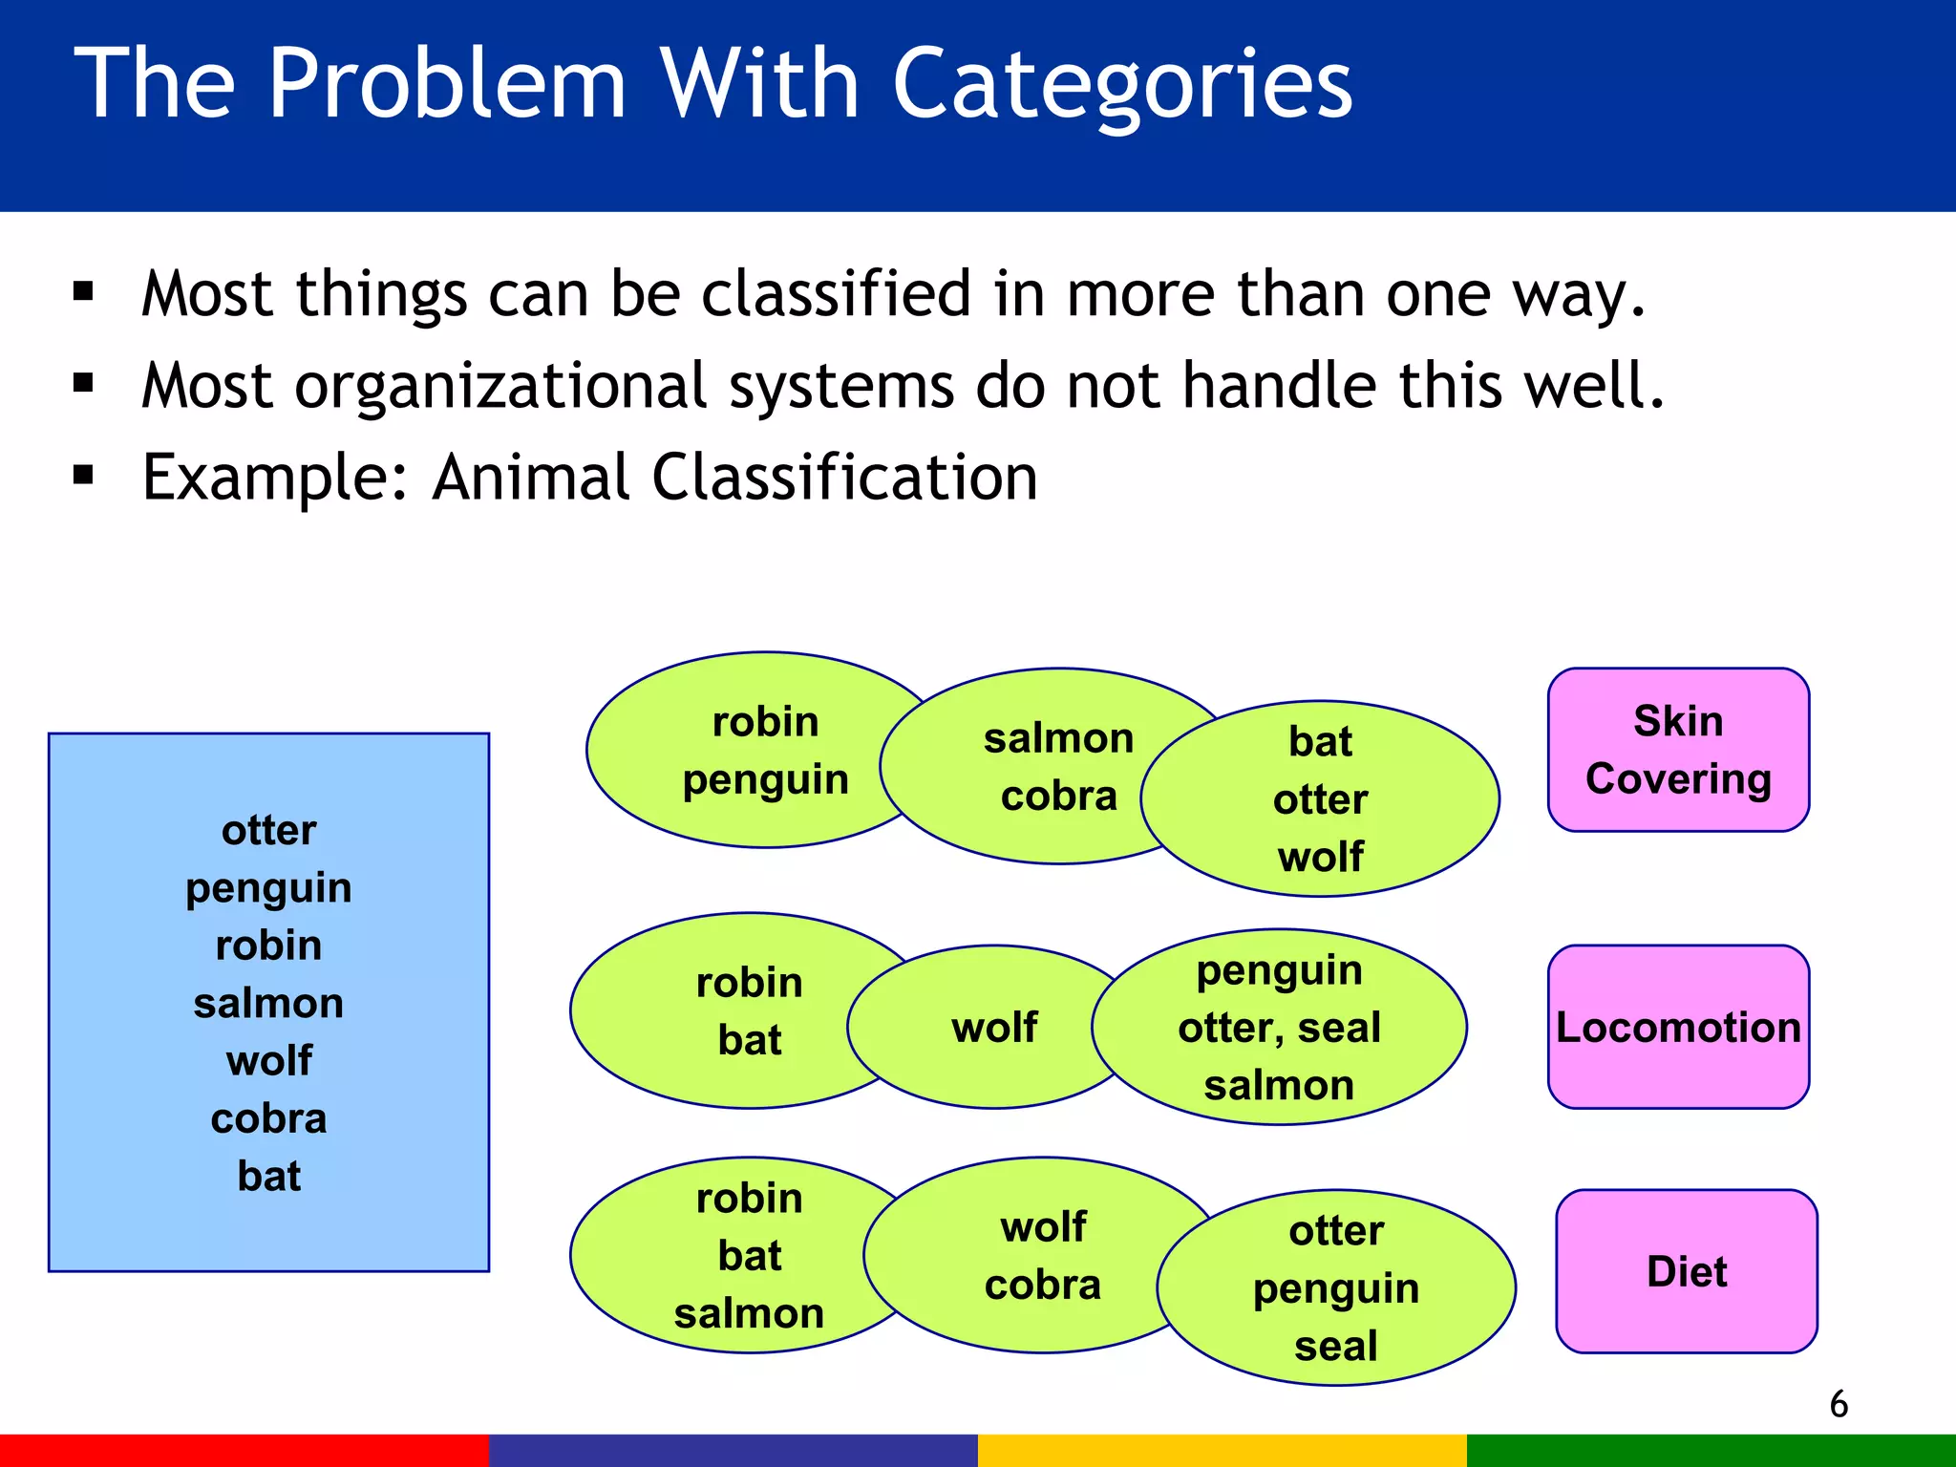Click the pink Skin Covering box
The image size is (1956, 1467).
[x=1678, y=750]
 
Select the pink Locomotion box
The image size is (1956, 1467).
[x=1678, y=1027]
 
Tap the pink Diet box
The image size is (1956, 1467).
[x=1687, y=1271]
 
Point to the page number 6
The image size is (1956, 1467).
[x=1839, y=1404]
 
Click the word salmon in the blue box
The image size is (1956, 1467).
[x=268, y=1003]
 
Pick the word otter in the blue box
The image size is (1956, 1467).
[x=268, y=830]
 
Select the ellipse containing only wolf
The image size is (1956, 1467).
[x=993, y=1028]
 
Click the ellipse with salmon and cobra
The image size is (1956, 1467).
[x=1041, y=767]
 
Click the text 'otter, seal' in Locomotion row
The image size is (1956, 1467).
[x=1279, y=1028]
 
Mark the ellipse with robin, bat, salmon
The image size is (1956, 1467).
[x=735, y=1255]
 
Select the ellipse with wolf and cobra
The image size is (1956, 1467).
[x=1041, y=1255]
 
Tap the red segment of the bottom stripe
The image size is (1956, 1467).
[x=244, y=1450]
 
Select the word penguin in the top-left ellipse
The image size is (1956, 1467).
[x=765, y=779]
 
